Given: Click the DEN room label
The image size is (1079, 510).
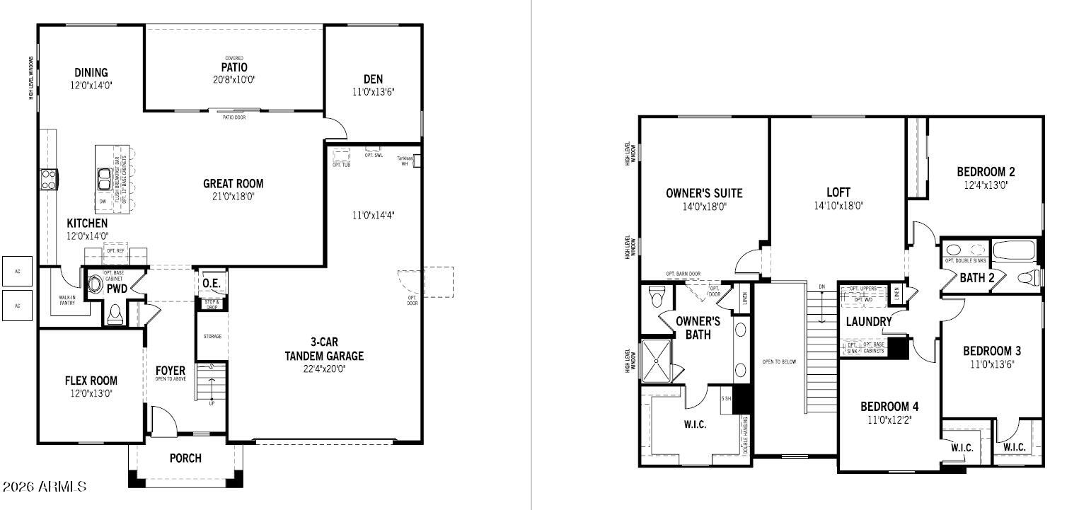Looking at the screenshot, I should pos(373,79).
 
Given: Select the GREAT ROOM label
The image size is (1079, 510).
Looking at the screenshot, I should pos(233,183).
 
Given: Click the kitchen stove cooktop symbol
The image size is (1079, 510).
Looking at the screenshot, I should pos(48,180).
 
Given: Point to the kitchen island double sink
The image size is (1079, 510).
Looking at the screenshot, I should pos(104,179).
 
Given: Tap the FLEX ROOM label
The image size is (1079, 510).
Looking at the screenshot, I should pos(91,381).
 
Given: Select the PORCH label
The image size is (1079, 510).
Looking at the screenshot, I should pos(185,458).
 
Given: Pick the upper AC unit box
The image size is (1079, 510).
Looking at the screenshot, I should pos(17,270).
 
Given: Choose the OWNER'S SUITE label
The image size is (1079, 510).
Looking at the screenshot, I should pos(704,193).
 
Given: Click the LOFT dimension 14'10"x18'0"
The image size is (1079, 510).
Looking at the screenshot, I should pos(838,206).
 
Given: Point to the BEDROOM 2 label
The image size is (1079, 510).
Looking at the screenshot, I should pos(986,171).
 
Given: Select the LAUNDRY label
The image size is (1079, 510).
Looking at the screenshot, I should pos(869,322).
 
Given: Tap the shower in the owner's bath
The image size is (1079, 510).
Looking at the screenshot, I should pos(657,361).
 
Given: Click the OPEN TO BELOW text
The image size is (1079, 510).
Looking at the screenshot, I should pos(779,361).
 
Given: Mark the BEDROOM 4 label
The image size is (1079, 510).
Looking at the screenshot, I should pos(889,407).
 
